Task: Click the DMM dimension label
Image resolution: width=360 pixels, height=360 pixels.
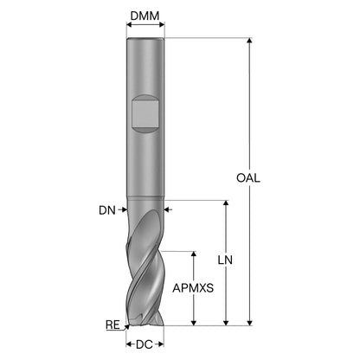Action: (x=145, y=16)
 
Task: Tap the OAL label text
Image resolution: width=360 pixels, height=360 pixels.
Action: (x=248, y=178)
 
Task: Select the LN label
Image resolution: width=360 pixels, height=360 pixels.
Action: (x=225, y=260)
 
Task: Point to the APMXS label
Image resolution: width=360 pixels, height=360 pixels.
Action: (x=193, y=288)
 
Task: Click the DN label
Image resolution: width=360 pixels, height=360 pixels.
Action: (x=107, y=210)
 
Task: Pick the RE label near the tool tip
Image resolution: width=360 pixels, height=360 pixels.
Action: (x=112, y=325)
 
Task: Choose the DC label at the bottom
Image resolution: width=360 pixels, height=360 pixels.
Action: (x=145, y=344)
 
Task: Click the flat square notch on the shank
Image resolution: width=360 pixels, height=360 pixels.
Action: (x=145, y=113)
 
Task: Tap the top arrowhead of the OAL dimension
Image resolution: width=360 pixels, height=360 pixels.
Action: (x=250, y=41)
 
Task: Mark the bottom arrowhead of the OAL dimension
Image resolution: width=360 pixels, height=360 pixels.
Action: (x=250, y=323)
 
